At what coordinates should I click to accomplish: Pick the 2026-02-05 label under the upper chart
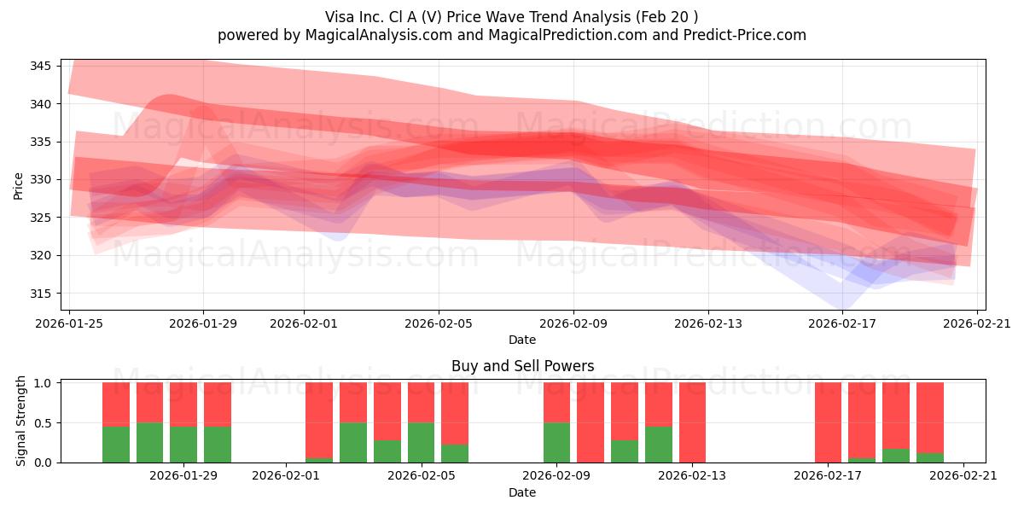pos(439,323)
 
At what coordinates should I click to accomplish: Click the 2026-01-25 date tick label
pos(69,323)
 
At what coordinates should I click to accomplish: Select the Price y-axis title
pos(19,185)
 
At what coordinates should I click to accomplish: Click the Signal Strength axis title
pos(22,422)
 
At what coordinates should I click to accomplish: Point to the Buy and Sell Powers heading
pos(522,366)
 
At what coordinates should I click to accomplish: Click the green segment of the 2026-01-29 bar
pos(218,444)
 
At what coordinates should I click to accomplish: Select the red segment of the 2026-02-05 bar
pos(421,402)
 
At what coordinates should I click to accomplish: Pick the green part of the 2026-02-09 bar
pos(556,442)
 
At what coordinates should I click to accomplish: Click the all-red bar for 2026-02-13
pos(692,422)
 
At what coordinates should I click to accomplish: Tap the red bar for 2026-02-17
pos(828,422)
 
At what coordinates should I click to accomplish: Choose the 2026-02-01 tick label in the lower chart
pos(285,475)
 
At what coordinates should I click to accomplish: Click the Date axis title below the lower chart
pos(522,492)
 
